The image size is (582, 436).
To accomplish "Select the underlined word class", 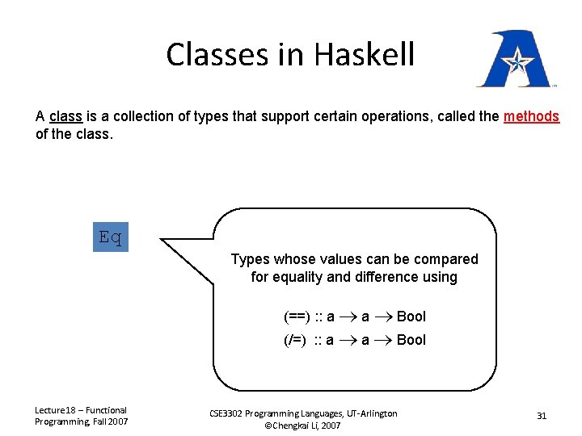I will tap(65, 116).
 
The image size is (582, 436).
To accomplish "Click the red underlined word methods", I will tap(531, 116).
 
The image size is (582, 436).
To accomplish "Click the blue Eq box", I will tap(110, 237).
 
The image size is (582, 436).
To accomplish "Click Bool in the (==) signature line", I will tap(411, 317).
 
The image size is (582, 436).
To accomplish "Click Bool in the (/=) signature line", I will tap(411, 340).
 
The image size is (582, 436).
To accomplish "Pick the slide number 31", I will tap(542, 416).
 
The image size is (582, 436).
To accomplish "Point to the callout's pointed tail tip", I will tap(162, 240).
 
